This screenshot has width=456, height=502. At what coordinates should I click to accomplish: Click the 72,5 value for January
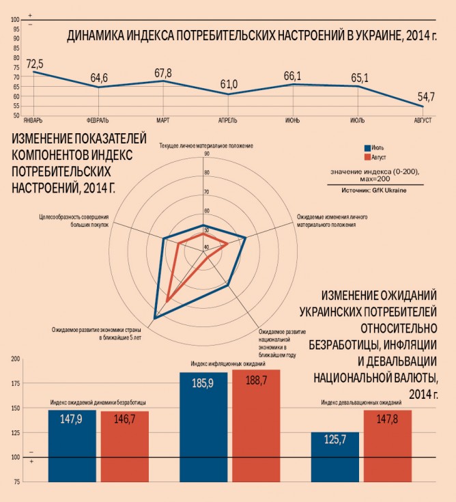click(35, 64)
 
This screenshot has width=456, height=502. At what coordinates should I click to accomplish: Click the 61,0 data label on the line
click(229, 84)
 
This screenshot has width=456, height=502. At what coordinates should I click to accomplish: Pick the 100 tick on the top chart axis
click(15, 19)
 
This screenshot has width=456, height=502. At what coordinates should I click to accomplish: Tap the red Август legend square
click(367, 157)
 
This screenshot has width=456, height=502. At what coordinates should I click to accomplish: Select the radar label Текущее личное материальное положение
click(206, 145)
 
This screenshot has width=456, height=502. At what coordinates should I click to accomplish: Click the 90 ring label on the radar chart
click(206, 154)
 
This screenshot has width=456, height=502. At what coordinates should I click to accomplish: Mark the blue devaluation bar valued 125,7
click(334, 458)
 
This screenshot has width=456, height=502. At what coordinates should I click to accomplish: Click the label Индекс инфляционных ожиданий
click(229, 364)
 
